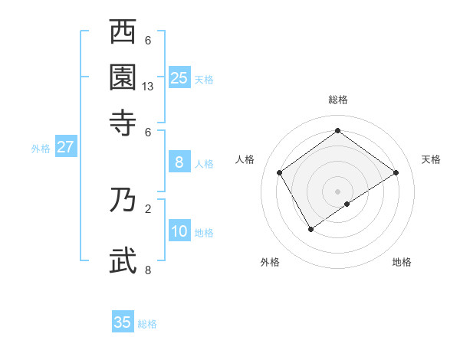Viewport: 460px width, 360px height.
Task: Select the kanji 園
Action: click(123, 77)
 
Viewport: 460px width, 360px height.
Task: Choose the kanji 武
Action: click(123, 260)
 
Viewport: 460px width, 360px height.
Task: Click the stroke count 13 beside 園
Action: click(148, 87)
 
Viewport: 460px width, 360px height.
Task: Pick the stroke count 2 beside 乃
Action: click(148, 208)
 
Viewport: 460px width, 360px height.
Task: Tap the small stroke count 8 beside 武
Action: click(148, 270)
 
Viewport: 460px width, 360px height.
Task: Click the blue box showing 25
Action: click(179, 77)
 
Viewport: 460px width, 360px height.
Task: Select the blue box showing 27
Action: click(65, 147)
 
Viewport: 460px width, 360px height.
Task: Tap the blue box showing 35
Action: click(123, 322)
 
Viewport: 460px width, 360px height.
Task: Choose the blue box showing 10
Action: click(179, 231)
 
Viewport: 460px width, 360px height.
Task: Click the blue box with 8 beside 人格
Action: click(179, 162)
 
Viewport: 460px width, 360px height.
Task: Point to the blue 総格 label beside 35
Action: click(147, 324)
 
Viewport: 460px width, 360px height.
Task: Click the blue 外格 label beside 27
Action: click(41, 149)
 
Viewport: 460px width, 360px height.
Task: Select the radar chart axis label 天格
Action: click(431, 159)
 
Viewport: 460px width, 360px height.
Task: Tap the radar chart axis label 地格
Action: click(402, 262)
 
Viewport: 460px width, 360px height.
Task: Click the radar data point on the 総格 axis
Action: click(337, 131)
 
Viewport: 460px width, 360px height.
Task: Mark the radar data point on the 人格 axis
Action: click(280, 172)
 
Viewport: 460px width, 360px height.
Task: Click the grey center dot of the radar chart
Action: click(337, 191)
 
